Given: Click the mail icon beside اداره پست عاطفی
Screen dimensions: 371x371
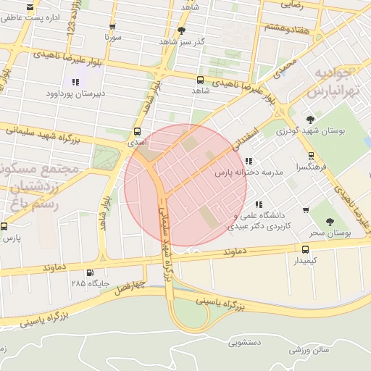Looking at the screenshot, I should [30, 8].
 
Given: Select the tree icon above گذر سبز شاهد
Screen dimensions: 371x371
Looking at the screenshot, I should [180, 30].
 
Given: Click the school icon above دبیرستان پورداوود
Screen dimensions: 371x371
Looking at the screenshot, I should [75, 83].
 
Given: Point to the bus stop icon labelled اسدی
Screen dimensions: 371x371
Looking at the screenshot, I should [138, 131].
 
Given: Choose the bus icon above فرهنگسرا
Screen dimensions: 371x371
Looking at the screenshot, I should [311, 156].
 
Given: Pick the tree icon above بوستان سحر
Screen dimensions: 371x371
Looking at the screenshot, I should [330, 222].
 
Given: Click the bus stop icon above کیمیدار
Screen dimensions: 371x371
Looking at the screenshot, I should [305, 249].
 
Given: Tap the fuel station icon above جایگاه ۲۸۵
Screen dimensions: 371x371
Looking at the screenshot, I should [89, 273].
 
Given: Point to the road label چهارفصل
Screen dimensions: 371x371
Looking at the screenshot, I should [130, 287].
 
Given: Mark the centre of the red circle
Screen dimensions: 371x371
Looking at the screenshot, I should [185, 185].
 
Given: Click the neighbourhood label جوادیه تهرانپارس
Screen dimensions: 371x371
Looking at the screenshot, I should [333, 83].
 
